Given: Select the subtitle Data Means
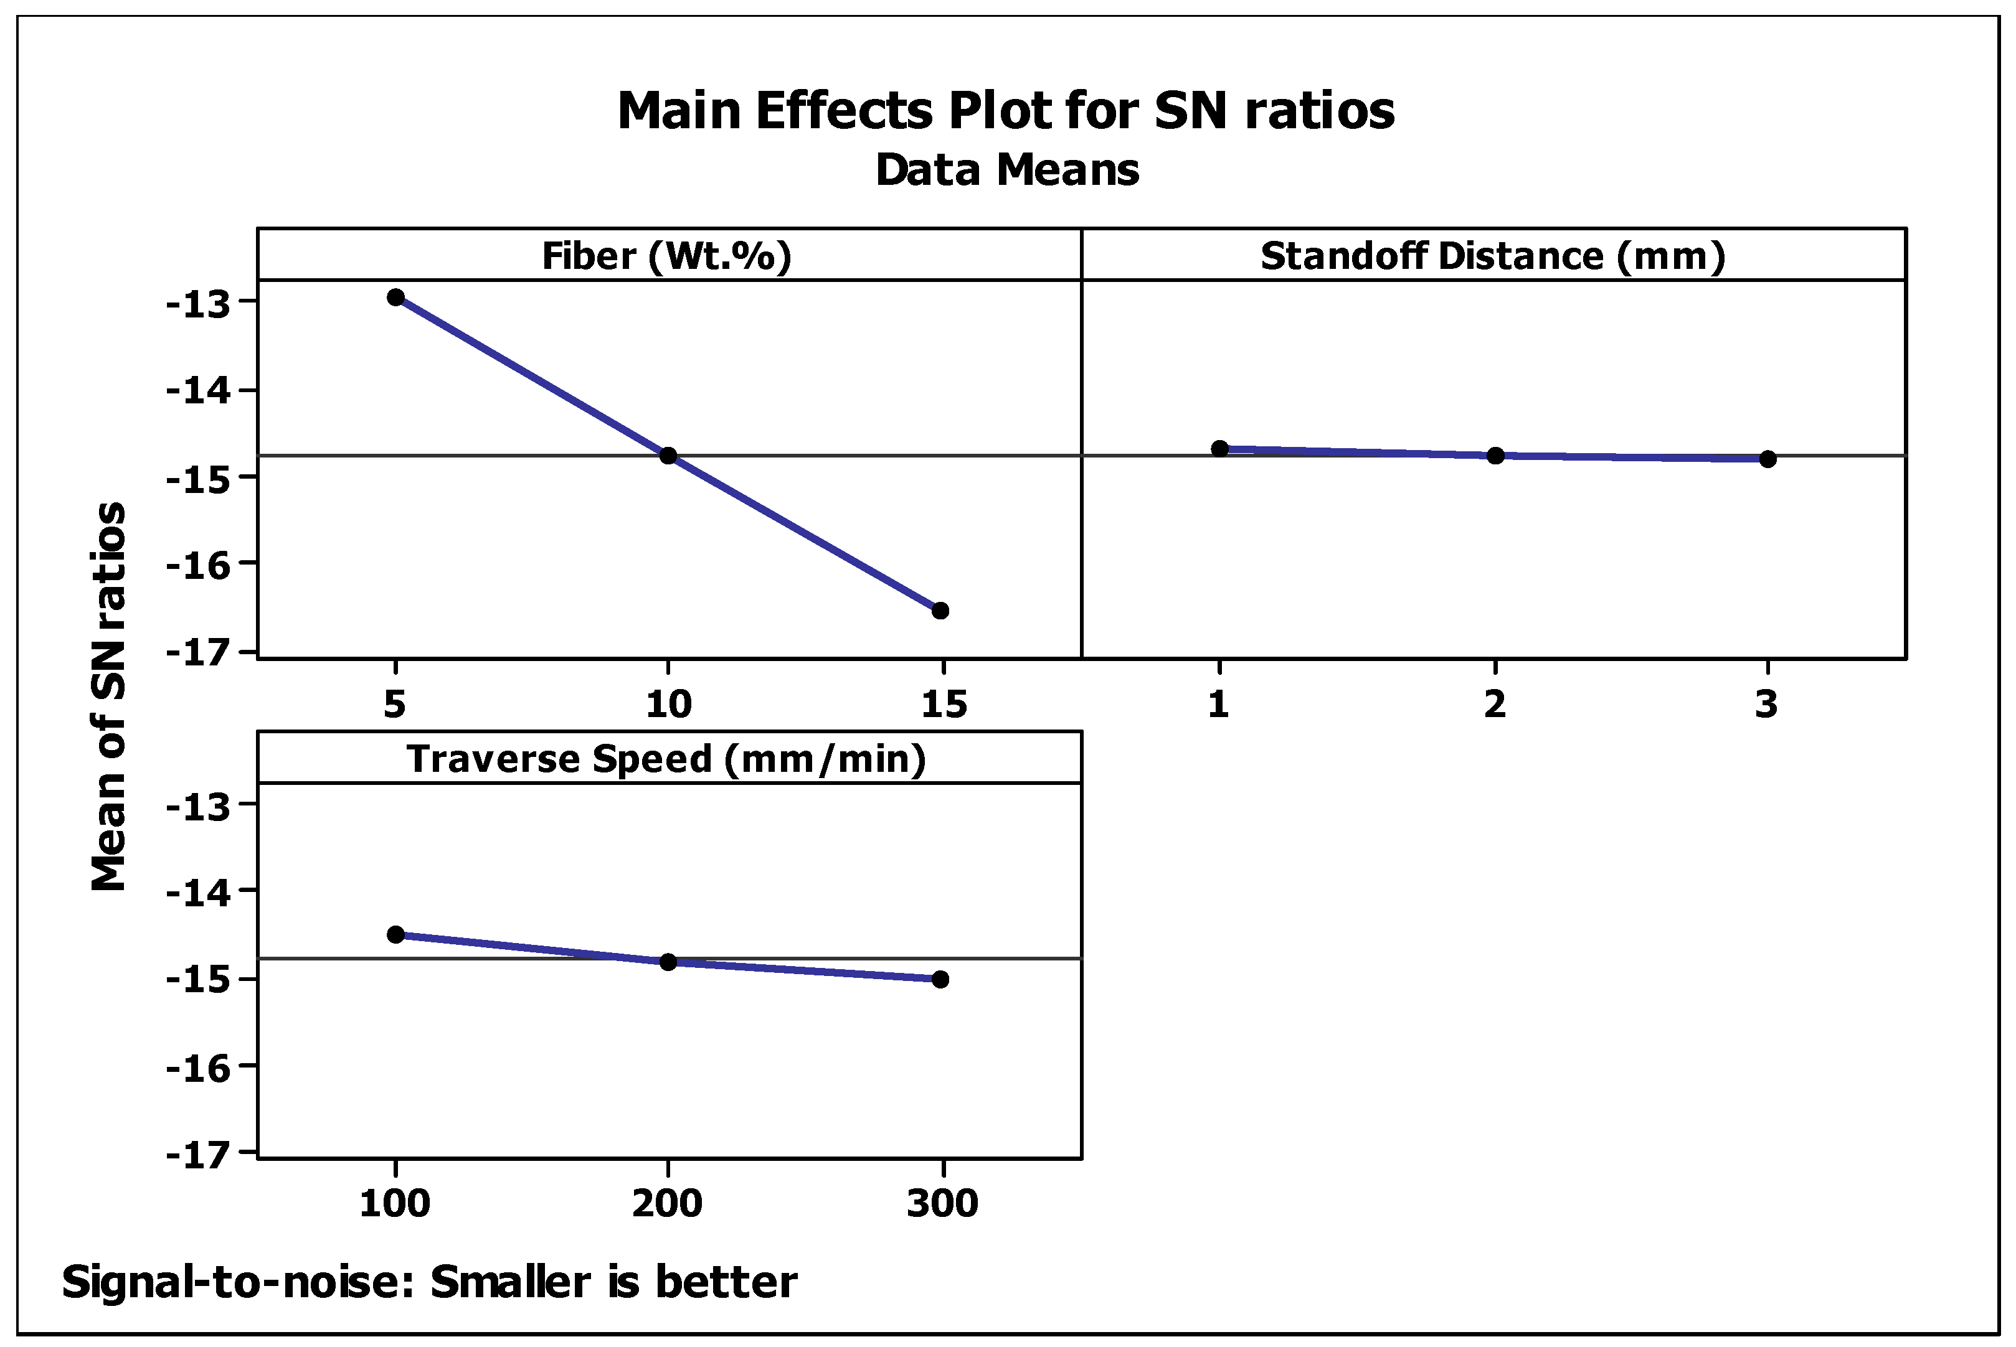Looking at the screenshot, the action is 1007,169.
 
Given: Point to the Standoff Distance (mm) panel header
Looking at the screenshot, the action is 1493,256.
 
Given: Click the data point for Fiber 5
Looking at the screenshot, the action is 395,298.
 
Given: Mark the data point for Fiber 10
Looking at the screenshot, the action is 668,455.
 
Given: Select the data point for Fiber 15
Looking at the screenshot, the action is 940,611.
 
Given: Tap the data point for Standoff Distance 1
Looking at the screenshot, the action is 1219,448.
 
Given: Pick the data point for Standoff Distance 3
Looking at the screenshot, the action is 1768,459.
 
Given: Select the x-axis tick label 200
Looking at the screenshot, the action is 668,1204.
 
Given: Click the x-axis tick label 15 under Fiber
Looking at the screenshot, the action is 944,705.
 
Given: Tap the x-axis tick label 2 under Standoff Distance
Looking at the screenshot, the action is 1495,705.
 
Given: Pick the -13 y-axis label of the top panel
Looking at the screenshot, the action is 199,304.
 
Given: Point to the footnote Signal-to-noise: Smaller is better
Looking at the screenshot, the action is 430,1282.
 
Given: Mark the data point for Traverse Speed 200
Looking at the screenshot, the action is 668,961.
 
